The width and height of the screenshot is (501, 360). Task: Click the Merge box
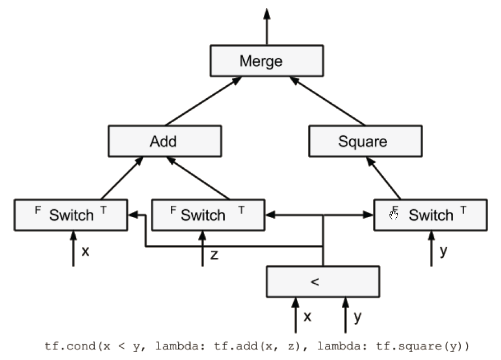point(267,61)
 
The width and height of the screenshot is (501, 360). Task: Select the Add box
point(165,141)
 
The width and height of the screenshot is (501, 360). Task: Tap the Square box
point(365,141)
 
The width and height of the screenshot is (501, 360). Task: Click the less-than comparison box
point(323,281)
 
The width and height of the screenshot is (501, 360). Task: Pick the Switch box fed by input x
point(71,215)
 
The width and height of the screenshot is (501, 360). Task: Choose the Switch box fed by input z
point(208,215)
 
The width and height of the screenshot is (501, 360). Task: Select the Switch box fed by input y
point(431,215)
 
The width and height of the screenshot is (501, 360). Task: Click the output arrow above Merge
point(267,26)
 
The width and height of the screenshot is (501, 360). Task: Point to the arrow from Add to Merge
point(203,101)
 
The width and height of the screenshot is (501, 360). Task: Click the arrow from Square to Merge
point(327,101)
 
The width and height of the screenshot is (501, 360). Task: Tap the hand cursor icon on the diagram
point(393,215)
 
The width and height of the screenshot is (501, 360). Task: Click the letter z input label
point(215,255)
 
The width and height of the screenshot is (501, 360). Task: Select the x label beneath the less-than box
point(307,317)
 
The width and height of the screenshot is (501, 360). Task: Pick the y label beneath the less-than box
point(358,317)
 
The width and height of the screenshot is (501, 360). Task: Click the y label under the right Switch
point(443,251)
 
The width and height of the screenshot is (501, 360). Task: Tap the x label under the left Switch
point(85,251)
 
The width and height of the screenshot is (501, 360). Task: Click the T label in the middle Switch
point(242,210)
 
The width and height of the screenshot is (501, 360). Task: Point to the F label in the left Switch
point(38,210)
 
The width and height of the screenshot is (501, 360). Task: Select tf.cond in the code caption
point(70,346)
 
